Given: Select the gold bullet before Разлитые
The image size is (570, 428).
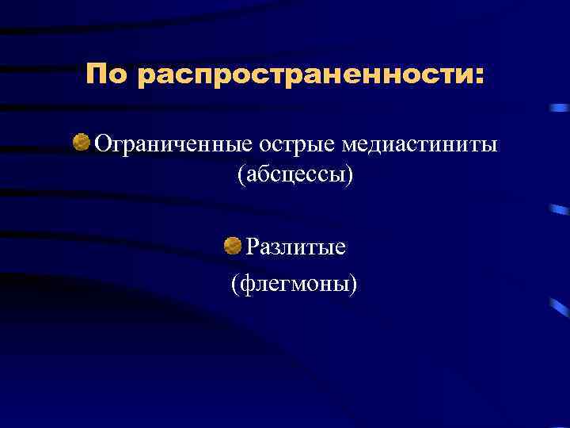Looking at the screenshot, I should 233,246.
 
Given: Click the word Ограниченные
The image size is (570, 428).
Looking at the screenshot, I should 173,146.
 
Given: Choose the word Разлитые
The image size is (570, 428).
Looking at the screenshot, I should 295,248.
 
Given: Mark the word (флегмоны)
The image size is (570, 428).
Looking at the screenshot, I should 294,281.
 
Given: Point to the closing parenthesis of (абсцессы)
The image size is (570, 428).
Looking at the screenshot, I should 350,175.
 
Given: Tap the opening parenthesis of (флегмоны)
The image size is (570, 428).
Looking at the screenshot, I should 234,282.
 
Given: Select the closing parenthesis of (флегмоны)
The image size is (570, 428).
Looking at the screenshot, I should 354,282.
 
